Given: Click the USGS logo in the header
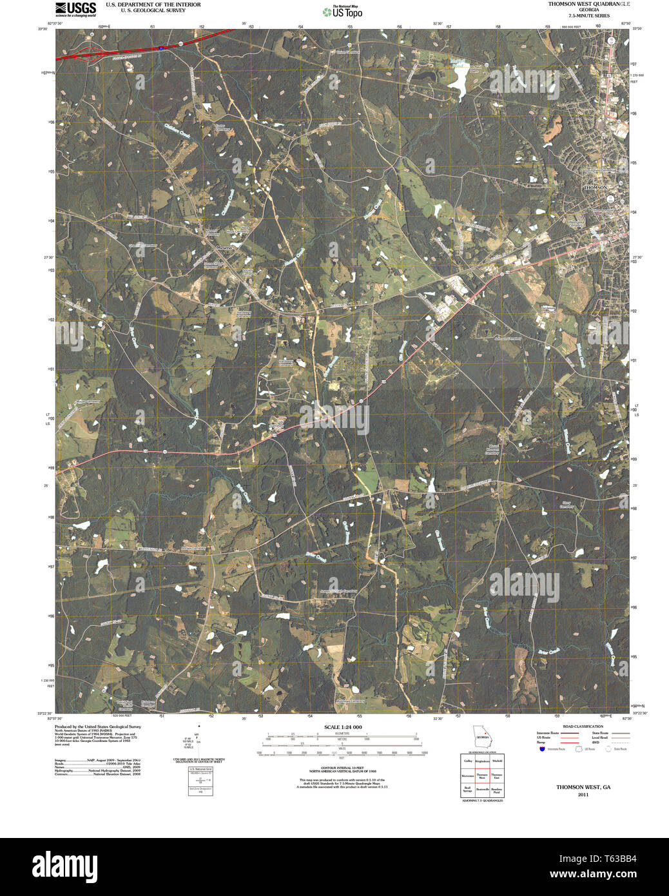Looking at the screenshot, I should pyautogui.click(x=75, y=8).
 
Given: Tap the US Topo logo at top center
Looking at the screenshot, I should pyautogui.click(x=342, y=12).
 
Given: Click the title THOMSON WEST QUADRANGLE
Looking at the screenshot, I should pyautogui.click(x=589, y=4).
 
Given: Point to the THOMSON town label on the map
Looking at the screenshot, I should pyautogui.click(x=595, y=187).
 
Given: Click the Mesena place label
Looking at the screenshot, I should pyautogui.click(x=224, y=247).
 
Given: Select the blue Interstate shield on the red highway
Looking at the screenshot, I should pyautogui.click(x=160, y=47).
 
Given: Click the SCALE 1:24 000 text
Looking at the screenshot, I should pyautogui.click(x=343, y=727).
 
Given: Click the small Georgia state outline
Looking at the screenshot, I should pyautogui.click(x=481, y=735).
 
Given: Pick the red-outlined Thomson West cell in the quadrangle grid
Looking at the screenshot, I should pyautogui.click(x=482, y=776).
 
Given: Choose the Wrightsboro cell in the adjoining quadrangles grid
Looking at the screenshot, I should pyautogui.click(x=482, y=761).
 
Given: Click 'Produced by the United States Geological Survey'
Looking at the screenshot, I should pyautogui.click(x=97, y=726).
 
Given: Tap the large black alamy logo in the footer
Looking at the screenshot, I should pyautogui.click(x=64, y=866).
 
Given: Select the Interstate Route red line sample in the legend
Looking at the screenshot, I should pyautogui.click(x=568, y=733).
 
